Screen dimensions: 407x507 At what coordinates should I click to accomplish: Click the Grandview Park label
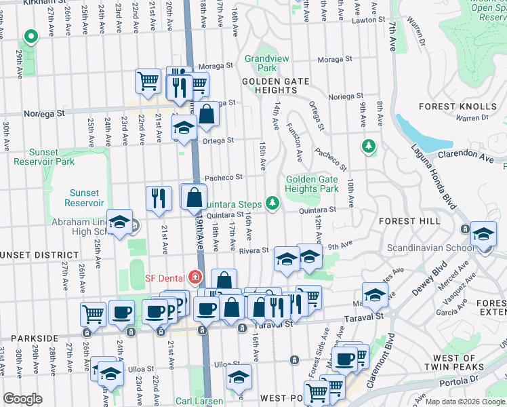(x=261, y=63)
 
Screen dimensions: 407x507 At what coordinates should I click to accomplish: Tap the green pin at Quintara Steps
(x=272, y=202)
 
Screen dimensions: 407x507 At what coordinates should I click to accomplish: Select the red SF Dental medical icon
(x=195, y=277)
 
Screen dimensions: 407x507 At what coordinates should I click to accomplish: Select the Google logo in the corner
(x=22, y=399)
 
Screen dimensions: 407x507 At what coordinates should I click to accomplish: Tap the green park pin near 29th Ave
(x=29, y=37)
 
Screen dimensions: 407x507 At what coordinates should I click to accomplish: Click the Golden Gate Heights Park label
(x=312, y=184)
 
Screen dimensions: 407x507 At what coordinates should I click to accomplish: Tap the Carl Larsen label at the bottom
(x=200, y=402)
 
